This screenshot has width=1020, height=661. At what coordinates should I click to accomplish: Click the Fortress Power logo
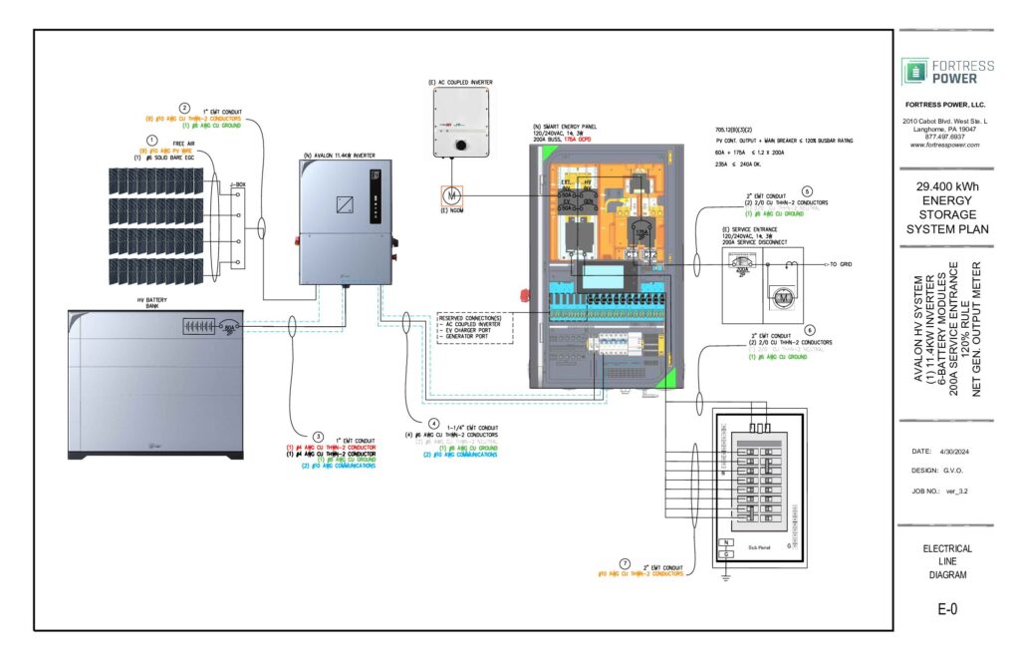(946, 71)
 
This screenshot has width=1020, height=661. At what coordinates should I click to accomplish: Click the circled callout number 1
(152, 141)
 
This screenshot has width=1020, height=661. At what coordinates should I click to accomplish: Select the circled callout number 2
(184, 108)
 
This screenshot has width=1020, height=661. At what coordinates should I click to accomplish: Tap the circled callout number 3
(318, 436)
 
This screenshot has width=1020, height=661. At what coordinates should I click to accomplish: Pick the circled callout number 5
(808, 191)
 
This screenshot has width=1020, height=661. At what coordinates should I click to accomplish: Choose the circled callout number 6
(810, 330)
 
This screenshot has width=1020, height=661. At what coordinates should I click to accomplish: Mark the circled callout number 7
(625, 563)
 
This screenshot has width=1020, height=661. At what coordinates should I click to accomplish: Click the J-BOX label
(237, 184)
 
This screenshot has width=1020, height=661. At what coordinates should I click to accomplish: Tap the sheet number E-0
(946, 609)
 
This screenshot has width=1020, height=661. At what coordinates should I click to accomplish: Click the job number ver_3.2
(956, 492)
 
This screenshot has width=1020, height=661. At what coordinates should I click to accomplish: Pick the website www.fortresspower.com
(945, 145)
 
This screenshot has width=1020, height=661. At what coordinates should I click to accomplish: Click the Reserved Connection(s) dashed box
(474, 327)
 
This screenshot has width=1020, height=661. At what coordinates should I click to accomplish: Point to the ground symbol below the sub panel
(726, 575)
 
